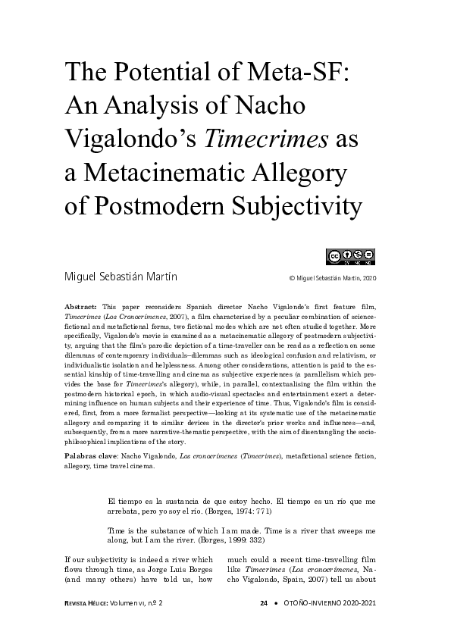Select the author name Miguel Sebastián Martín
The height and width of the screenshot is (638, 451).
(x=121, y=277)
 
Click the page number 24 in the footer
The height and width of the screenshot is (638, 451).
(x=264, y=603)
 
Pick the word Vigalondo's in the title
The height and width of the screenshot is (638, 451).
(x=130, y=140)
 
